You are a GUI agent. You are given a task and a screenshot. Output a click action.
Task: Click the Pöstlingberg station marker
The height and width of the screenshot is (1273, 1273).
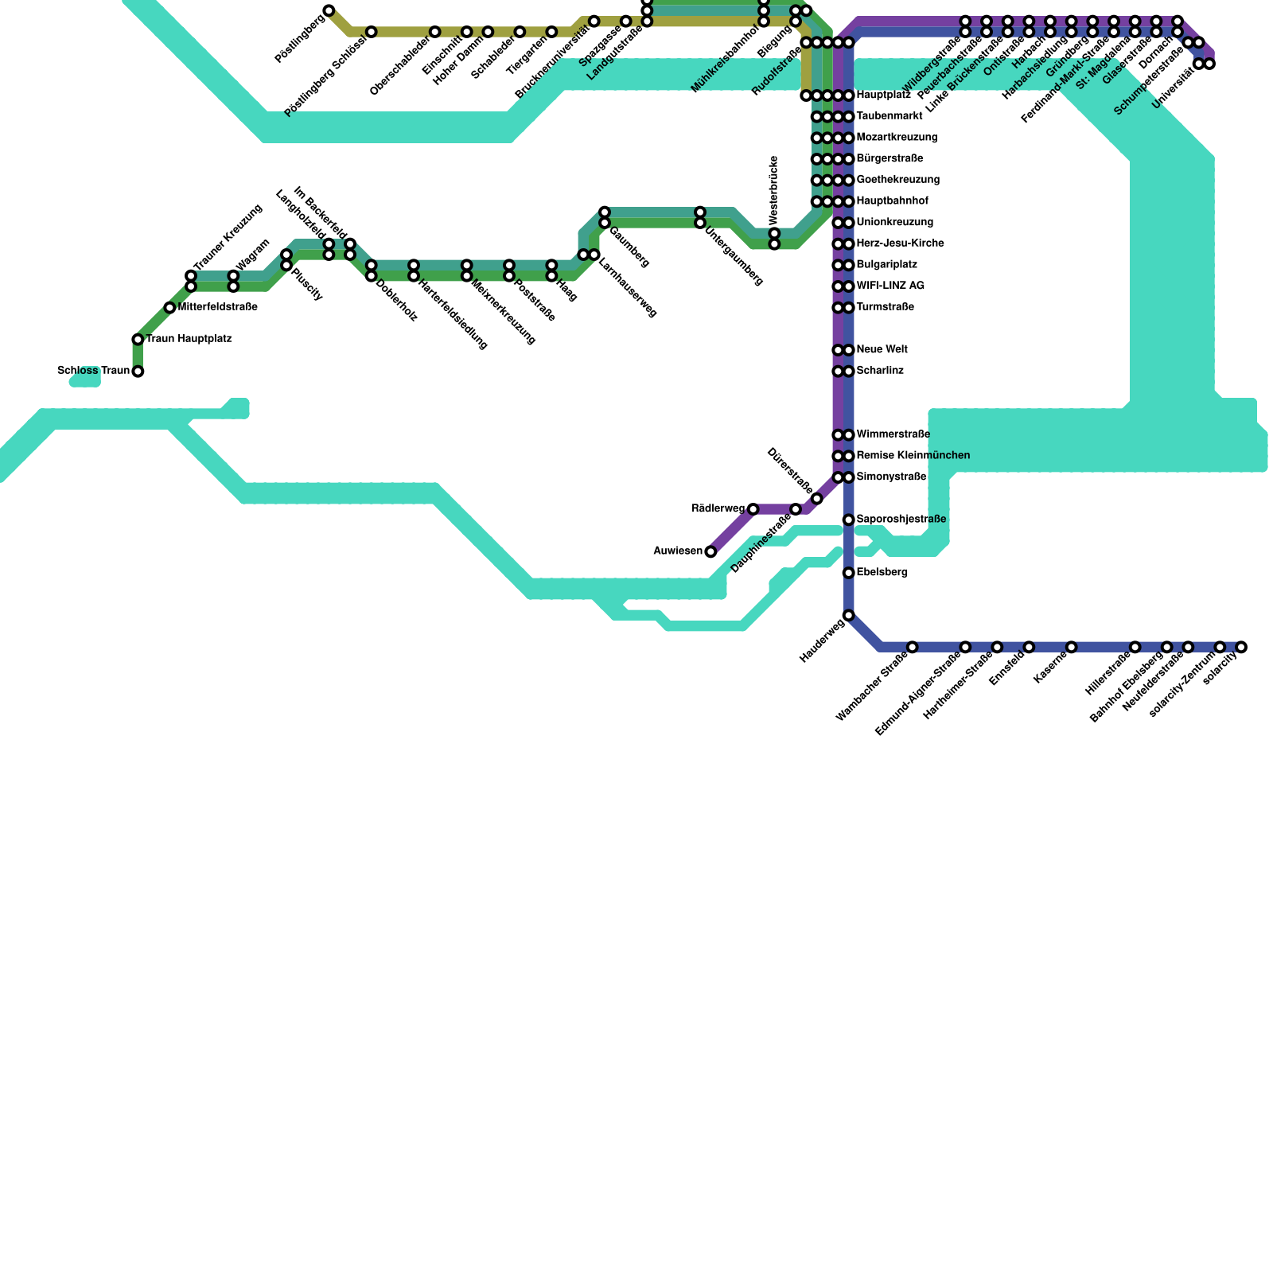(x=329, y=10)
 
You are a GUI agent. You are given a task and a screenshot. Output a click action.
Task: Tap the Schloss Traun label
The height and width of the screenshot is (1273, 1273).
(x=93, y=371)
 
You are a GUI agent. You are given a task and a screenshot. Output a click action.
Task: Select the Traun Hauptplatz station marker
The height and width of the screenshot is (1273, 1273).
(x=138, y=340)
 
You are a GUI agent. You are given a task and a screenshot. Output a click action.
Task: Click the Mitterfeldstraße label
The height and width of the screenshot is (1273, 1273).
(x=217, y=307)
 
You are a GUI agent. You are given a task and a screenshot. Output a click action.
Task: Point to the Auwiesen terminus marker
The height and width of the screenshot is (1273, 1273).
(x=710, y=551)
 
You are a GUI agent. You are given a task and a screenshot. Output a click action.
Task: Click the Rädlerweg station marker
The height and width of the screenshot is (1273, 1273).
(x=753, y=509)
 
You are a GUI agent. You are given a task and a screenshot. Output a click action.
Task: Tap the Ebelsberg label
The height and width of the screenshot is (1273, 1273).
(x=882, y=572)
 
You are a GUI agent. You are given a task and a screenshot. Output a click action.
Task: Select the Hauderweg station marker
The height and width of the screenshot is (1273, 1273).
(x=849, y=615)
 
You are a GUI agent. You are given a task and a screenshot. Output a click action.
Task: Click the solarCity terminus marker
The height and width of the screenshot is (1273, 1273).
(x=1241, y=647)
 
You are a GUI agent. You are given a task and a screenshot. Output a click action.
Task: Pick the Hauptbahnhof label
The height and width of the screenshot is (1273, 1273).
(x=892, y=201)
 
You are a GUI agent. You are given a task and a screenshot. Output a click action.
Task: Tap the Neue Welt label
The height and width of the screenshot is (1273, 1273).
(x=882, y=349)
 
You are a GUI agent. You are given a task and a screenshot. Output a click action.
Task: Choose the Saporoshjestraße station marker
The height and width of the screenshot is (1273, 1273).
(x=849, y=520)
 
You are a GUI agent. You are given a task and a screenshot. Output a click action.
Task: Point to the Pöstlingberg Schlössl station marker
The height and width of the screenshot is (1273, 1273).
(x=371, y=32)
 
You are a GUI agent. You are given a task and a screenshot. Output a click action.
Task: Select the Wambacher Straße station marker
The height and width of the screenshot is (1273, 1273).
(x=913, y=647)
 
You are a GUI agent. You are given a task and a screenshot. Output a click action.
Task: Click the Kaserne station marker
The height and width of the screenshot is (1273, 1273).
(x=1072, y=647)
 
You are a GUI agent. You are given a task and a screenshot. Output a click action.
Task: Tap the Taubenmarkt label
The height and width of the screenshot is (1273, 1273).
(x=889, y=116)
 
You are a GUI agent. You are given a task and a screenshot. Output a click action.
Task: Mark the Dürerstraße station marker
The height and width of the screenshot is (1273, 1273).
(x=816, y=499)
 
